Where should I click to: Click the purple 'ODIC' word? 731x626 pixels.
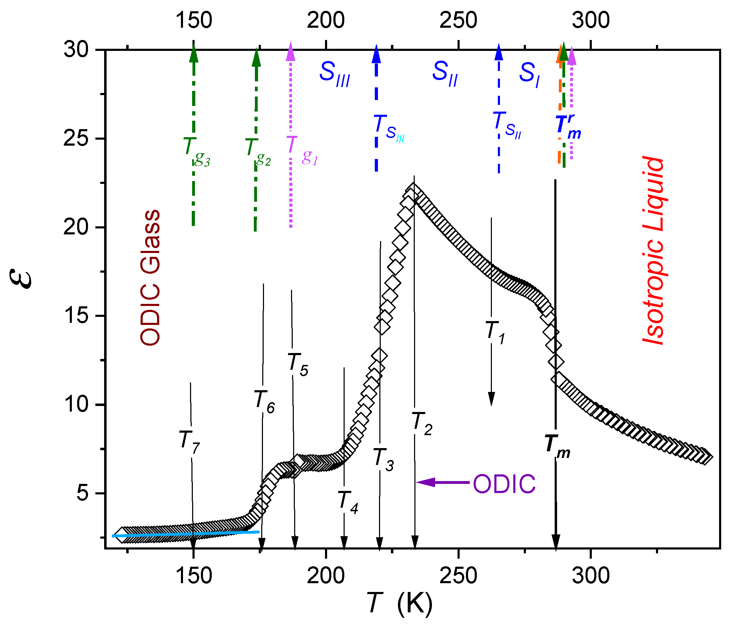pyautogui.click(x=504, y=484)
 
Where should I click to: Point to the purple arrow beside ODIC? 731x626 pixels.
pyautogui.click(x=443, y=482)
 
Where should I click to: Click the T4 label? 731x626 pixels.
pyautogui.click(x=348, y=502)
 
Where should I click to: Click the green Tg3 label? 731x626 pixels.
pyautogui.click(x=196, y=151)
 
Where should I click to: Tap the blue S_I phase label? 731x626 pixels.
pyautogui.click(x=529, y=74)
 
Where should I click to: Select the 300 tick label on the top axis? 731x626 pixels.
pyautogui.click(x=591, y=20)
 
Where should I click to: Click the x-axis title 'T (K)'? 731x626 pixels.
pyautogui.click(x=399, y=603)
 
